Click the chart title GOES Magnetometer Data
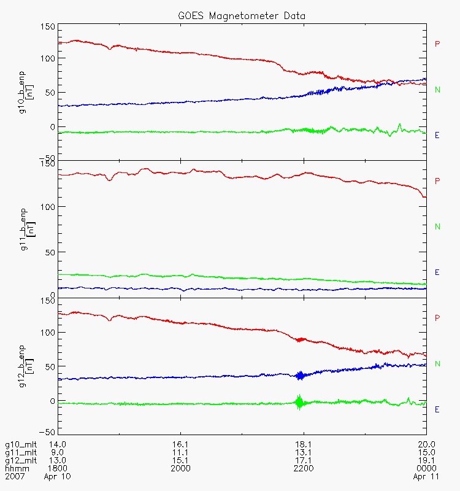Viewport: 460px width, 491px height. (242, 16)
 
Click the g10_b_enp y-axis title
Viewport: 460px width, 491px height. (26, 93)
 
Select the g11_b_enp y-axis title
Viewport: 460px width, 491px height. (28, 230)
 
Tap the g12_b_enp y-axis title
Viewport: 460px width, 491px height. (26, 366)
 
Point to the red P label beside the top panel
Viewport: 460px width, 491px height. (437, 44)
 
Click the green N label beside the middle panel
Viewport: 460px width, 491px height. (437, 226)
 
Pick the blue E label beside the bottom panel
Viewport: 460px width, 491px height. (437, 409)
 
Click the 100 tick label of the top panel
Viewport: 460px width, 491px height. (48, 58)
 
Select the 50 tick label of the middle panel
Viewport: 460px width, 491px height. (50, 252)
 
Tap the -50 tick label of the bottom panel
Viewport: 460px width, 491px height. (47, 432)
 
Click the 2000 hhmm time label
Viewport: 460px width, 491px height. (180, 468)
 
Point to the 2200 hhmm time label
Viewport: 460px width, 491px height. (304, 468)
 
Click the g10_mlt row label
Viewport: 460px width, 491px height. (21, 444)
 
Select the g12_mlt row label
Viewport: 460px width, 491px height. (21, 460)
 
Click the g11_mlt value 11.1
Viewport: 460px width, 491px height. (180, 452)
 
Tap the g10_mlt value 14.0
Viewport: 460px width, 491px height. (58, 444)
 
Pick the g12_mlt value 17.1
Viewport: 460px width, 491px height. (304, 460)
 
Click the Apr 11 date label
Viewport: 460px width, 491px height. (426, 477)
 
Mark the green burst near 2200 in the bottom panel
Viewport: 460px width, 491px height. (299, 402)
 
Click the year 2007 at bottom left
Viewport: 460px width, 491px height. (15, 476)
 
